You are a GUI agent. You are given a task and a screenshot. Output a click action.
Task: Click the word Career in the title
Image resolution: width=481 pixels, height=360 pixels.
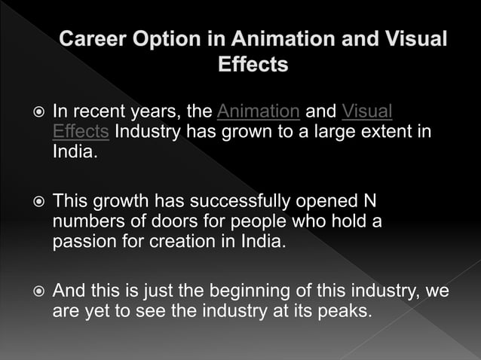pos(93,39)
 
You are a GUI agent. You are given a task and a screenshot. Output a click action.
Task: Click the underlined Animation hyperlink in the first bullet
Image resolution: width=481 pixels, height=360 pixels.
pos(258,112)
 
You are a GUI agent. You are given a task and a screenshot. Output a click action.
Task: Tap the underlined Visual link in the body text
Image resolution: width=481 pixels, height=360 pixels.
pos(367,112)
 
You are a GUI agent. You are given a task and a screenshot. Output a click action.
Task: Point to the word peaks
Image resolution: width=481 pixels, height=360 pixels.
pos(345,310)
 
